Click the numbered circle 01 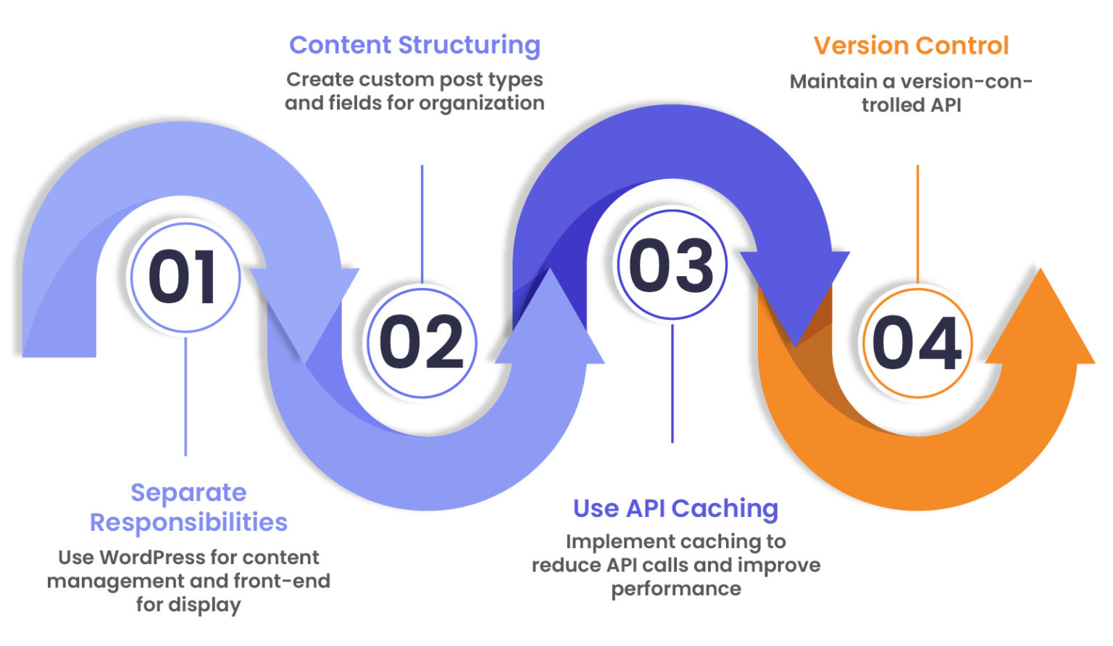[x=185, y=278]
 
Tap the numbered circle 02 [x=422, y=342]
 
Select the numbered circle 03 [x=672, y=265]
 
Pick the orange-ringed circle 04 [x=917, y=343]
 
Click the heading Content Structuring [x=414, y=45]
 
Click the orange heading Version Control [x=911, y=46]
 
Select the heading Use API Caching [x=675, y=508]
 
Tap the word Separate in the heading [x=188, y=493]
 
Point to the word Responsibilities [x=188, y=523]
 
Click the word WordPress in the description [x=151, y=558]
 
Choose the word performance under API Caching [x=676, y=589]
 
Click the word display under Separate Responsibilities [x=205, y=605]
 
